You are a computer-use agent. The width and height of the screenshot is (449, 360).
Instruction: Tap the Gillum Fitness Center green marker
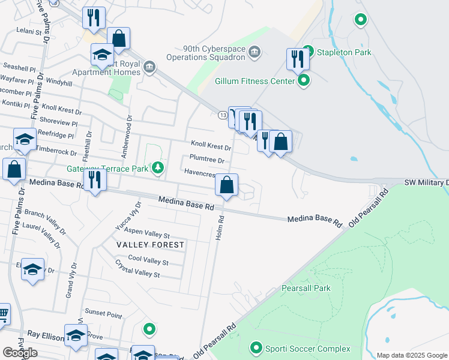[304, 80]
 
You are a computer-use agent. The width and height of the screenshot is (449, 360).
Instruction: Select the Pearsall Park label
[306, 289]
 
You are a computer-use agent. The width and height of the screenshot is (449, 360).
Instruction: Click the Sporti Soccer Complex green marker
[256, 348]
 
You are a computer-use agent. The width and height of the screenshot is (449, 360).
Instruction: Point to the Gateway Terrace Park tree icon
[158, 167]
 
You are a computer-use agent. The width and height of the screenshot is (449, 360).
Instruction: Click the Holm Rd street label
[220, 228]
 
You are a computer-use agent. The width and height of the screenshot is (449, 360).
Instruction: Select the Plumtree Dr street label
[206, 160]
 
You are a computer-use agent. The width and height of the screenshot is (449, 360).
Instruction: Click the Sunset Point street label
[103, 313]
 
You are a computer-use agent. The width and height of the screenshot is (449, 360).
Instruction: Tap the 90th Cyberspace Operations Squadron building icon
[255, 52]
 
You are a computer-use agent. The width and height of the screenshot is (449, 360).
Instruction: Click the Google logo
[20, 353]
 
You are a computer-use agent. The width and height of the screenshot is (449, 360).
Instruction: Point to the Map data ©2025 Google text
[411, 355]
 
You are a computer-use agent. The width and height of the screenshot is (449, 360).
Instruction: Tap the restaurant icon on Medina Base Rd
[94, 180]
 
